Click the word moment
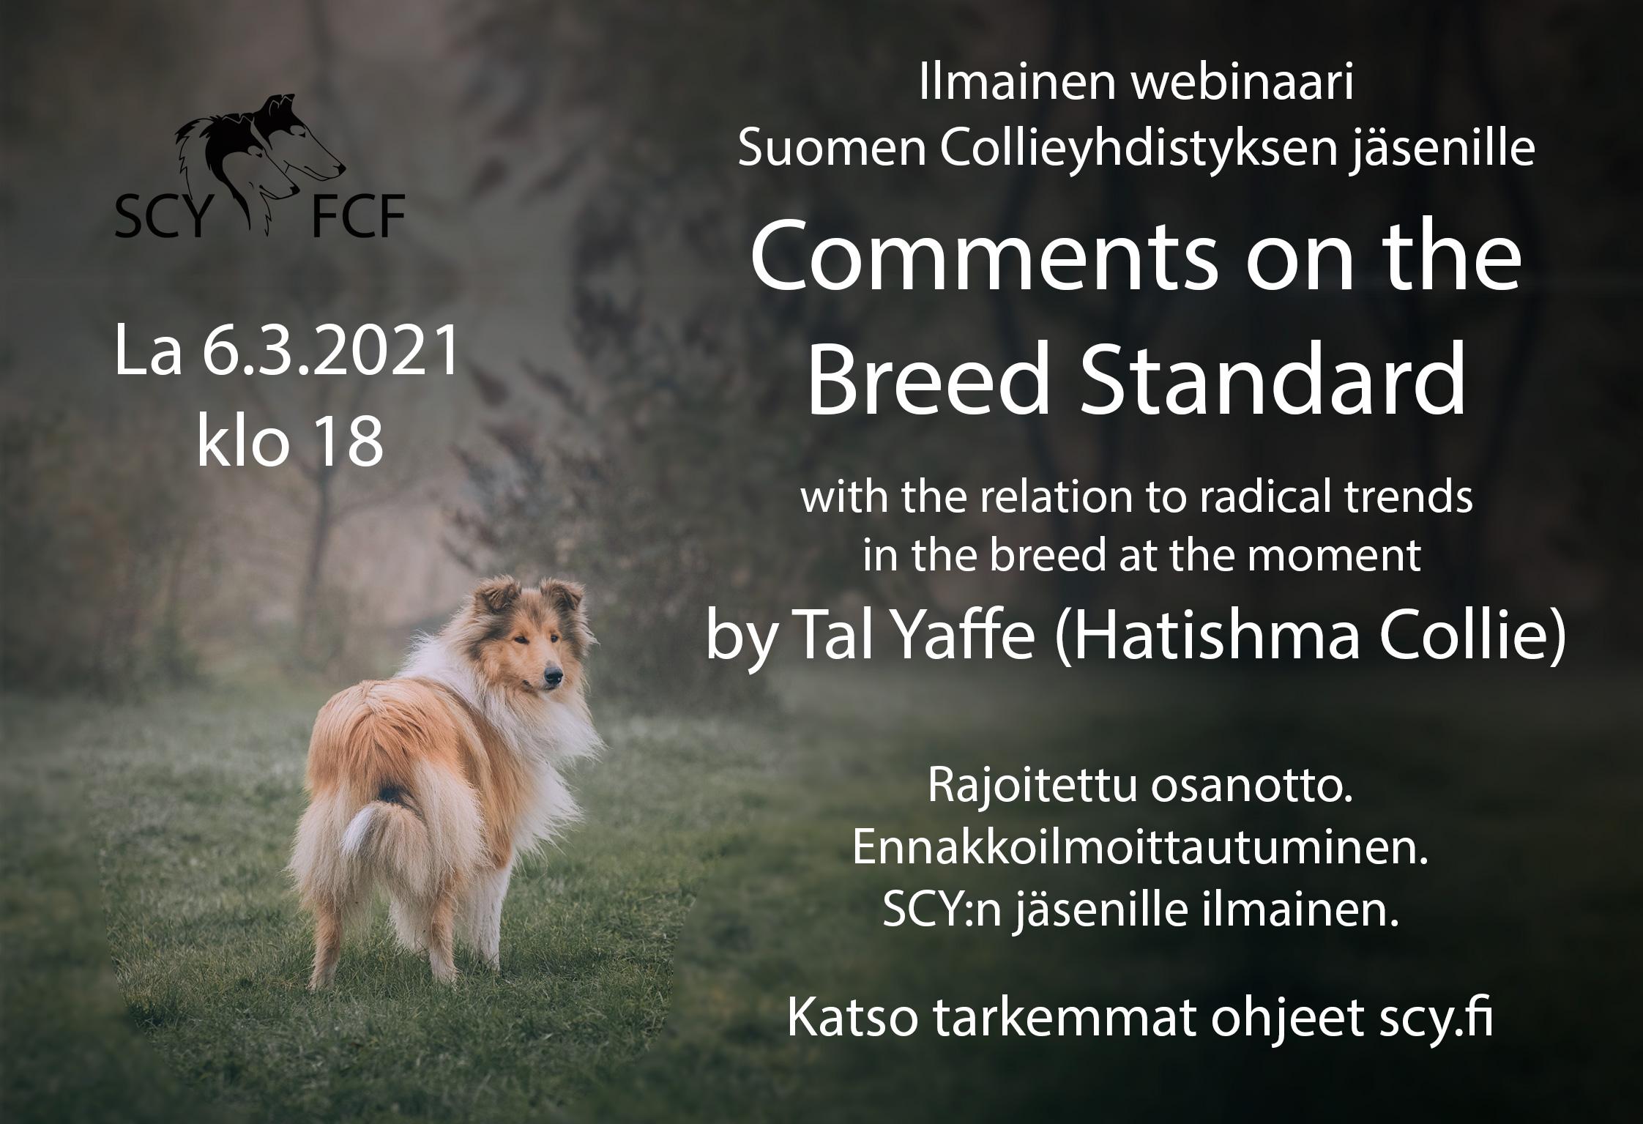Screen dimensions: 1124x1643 point(1341,555)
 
